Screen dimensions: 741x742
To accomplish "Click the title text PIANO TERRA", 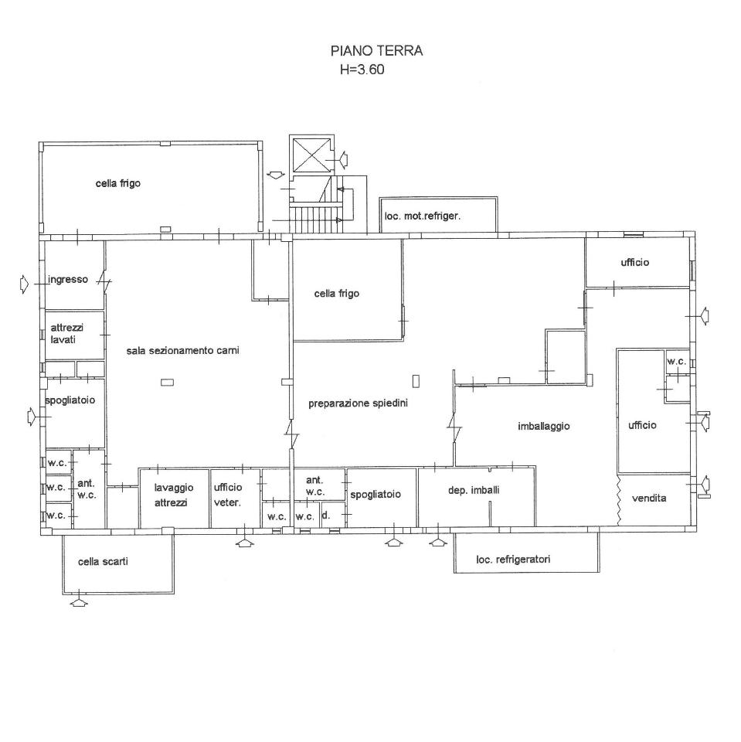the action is point(376,51).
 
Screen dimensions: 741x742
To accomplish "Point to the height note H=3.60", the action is point(362,70).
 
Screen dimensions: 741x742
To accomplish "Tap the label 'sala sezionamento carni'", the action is point(182,351).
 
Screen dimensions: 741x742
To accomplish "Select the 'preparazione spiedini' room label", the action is point(359,403).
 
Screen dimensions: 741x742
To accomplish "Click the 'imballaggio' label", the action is point(544,427).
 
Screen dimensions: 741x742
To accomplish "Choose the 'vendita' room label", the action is point(649,499).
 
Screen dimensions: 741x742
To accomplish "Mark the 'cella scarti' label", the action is point(104,562).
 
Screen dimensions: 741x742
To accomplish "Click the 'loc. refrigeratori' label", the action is point(513,560).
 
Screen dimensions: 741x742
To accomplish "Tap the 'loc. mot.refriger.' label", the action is point(423,216).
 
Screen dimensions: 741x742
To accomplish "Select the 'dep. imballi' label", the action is point(474,490).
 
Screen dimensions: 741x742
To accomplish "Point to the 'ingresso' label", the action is point(68,280).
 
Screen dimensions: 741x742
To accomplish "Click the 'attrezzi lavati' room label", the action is point(66,334).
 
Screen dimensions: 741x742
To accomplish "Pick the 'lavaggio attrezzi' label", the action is point(174,495).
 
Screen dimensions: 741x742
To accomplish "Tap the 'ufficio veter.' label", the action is point(228,495).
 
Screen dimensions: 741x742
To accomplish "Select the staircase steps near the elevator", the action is point(315,219).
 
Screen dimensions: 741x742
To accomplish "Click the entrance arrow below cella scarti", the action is point(80,602).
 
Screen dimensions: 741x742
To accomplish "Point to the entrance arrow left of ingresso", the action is point(25,284).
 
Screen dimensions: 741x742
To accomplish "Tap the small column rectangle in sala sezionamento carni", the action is point(167,383).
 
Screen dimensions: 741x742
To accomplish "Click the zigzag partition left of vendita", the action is point(618,500).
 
